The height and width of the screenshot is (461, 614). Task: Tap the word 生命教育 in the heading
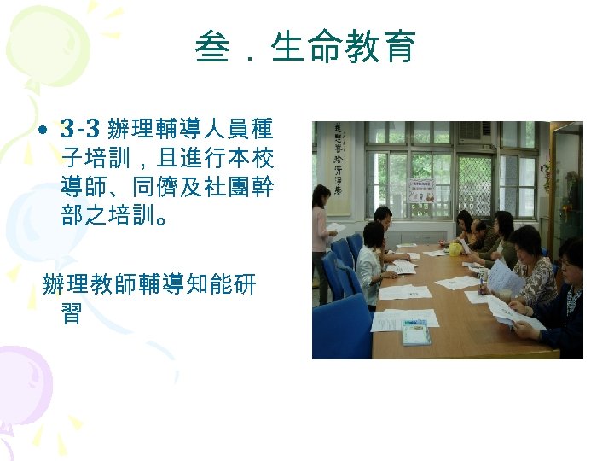(343, 47)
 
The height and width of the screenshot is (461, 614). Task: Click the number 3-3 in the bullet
(82, 130)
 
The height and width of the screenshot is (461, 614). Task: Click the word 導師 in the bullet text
(82, 185)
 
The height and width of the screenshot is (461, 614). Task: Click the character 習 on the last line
(71, 313)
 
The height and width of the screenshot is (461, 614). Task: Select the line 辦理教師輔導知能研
(148, 285)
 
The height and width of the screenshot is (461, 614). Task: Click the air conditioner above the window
(474, 131)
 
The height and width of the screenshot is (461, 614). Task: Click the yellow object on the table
(455, 248)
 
